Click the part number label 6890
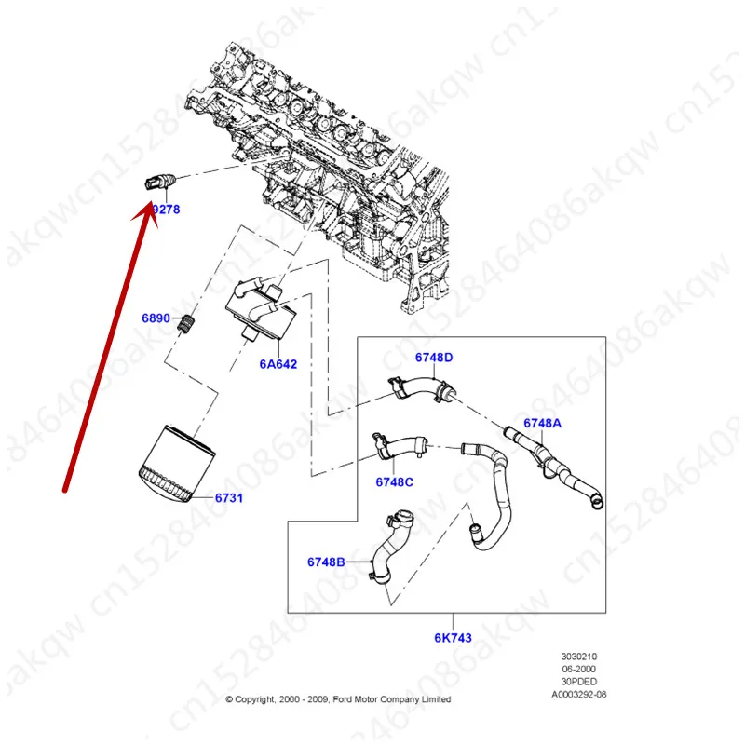coord(156,318)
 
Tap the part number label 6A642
coord(277,364)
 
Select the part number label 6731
coord(229,498)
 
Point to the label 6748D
coord(434,358)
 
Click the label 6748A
coord(542,423)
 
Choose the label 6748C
coord(394,482)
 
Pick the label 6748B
coord(326,562)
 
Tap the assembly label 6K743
coord(454,639)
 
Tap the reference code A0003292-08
coord(578,694)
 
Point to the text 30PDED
coord(577,682)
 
